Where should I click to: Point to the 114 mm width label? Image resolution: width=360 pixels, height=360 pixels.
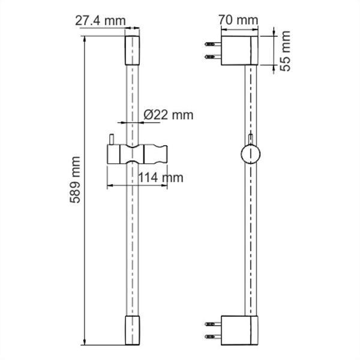[160, 177]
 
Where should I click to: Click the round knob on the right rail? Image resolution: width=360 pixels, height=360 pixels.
[250, 154]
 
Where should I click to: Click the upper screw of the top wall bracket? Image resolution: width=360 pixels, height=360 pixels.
[212, 44]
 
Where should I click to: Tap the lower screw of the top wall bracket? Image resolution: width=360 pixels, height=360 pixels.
[212, 57]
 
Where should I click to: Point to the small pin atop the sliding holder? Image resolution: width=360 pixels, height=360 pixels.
[111, 140]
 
